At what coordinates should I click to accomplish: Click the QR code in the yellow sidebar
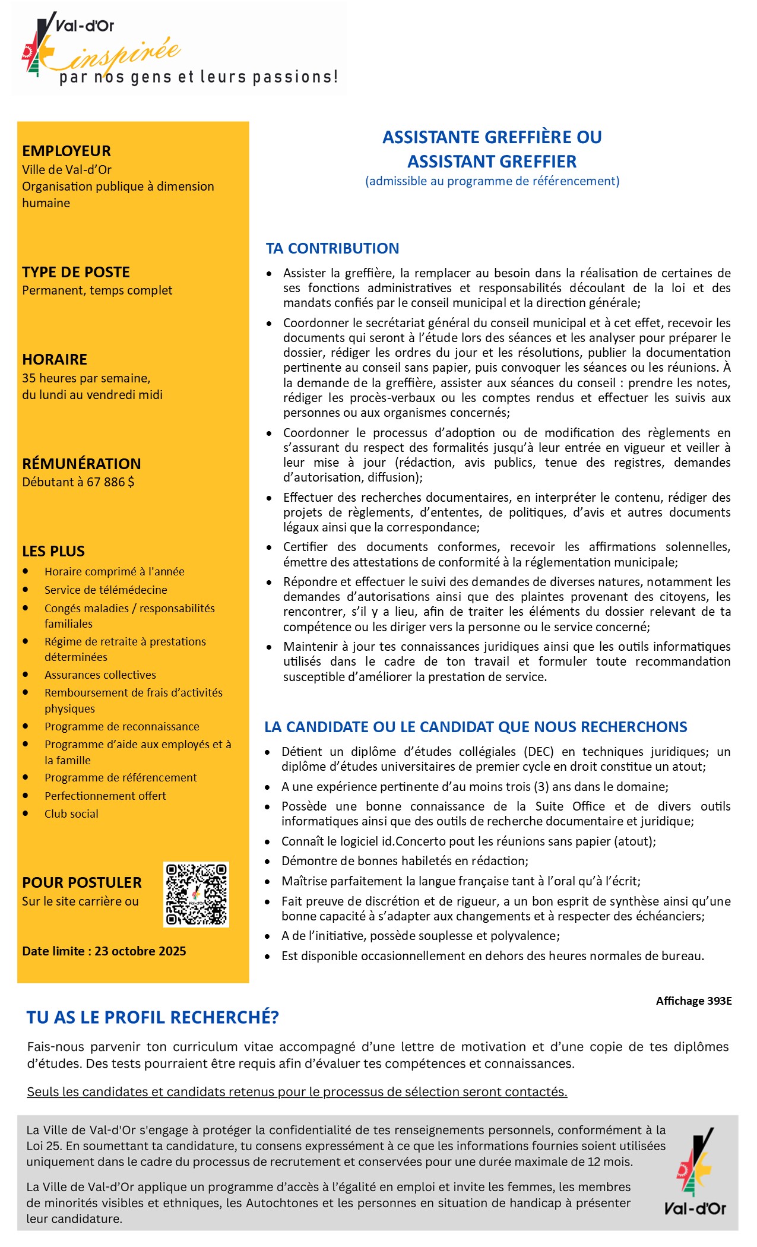[x=196, y=894]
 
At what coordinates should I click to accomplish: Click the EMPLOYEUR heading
[x=66, y=151]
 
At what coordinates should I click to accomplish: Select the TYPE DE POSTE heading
[x=76, y=272]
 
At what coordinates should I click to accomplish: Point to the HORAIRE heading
[x=55, y=359]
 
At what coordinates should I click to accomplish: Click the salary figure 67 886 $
[x=110, y=482]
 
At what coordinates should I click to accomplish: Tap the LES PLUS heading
[x=53, y=551]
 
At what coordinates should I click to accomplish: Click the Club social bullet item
[x=71, y=814]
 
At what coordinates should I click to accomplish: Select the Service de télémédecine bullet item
[x=106, y=590]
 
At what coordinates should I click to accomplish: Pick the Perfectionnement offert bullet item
[x=105, y=796]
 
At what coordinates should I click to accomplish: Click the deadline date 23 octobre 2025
[x=140, y=951]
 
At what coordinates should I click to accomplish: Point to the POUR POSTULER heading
[x=82, y=882]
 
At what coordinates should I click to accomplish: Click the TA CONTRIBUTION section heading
[x=332, y=248]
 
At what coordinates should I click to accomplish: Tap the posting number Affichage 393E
[x=693, y=1001]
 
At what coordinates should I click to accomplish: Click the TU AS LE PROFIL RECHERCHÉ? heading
[x=153, y=1017]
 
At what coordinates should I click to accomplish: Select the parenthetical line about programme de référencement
[x=492, y=181]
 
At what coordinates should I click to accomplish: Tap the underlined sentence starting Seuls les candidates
[x=297, y=1091]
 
